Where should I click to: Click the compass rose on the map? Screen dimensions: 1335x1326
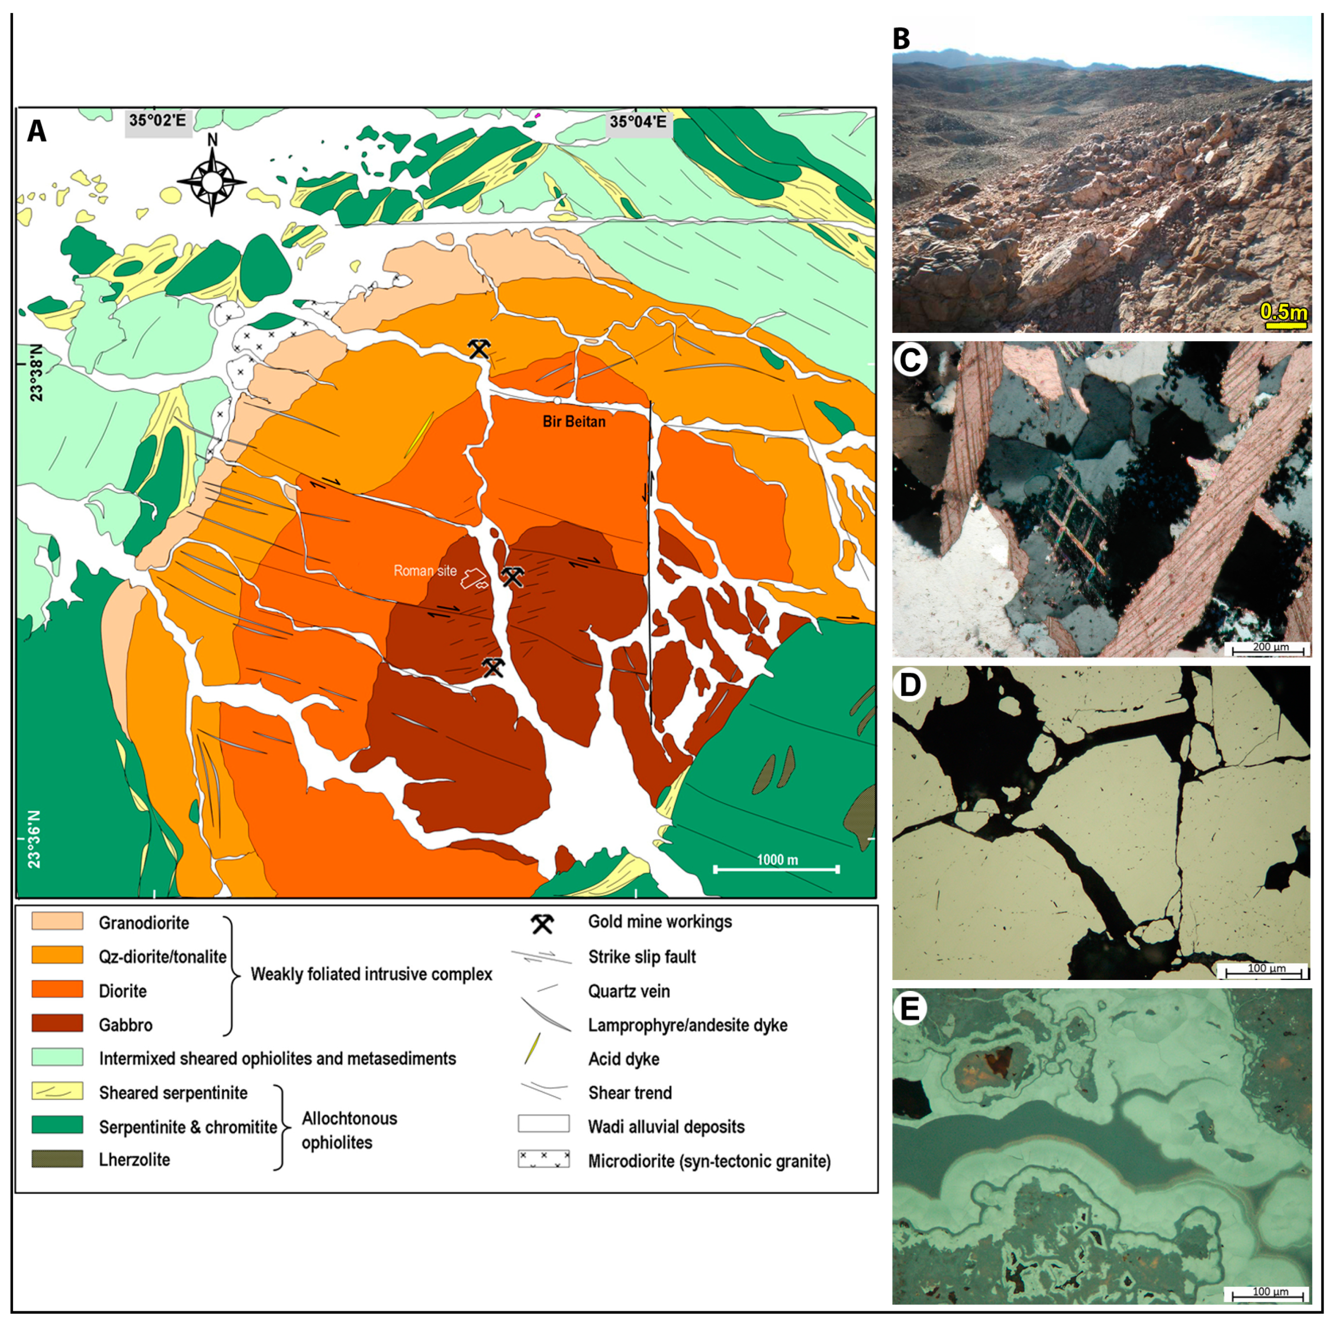tap(211, 182)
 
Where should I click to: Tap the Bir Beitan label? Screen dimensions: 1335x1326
tap(573, 421)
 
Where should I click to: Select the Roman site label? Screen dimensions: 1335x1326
tap(425, 571)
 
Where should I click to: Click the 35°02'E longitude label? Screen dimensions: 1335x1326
tap(158, 121)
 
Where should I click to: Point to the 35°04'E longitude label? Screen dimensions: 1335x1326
tap(637, 122)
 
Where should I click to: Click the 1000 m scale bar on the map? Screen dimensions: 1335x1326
tap(776, 867)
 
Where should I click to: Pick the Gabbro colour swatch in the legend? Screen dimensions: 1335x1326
tap(57, 1023)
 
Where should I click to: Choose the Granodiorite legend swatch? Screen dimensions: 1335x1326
tap(57, 921)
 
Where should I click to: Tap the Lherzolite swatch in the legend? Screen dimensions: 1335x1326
tap(57, 1159)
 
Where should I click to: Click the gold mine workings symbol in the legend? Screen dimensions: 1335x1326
tap(542, 923)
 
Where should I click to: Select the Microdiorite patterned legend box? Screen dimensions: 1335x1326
tap(544, 1159)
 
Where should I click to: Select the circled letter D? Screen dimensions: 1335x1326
tap(910, 684)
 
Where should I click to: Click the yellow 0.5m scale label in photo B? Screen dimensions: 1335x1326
tap(1284, 312)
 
